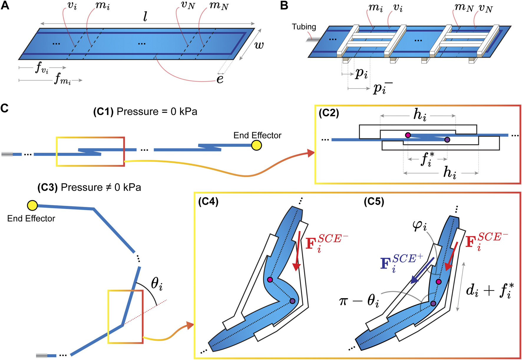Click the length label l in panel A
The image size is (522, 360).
pyautogui.click(x=145, y=17)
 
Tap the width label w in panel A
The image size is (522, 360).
pyautogui.click(x=259, y=45)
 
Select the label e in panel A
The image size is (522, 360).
pyautogui.click(x=220, y=79)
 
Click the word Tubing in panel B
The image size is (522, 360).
pyautogui.click(x=304, y=27)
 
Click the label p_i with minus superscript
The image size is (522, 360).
pyautogui.click(x=382, y=88)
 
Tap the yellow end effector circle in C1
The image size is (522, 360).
pyautogui.click(x=257, y=145)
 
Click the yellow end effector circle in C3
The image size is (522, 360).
pyautogui.click(x=32, y=205)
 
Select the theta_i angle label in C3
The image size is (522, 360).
pyautogui.click(x=156, y=284)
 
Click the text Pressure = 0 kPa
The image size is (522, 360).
pyautogui.click(x=157, y=112)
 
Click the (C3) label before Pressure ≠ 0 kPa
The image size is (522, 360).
pyautogui.click(x=47, y=188)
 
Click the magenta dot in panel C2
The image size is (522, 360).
pyautogui.click(x=408, y=135)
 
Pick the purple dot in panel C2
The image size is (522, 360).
pyautogui.click(x=447, y=140)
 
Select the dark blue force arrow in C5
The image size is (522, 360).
pyautogui.click(x=423, y=271)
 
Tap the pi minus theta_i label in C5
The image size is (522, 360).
pyautogui.click(x=359, y=301)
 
